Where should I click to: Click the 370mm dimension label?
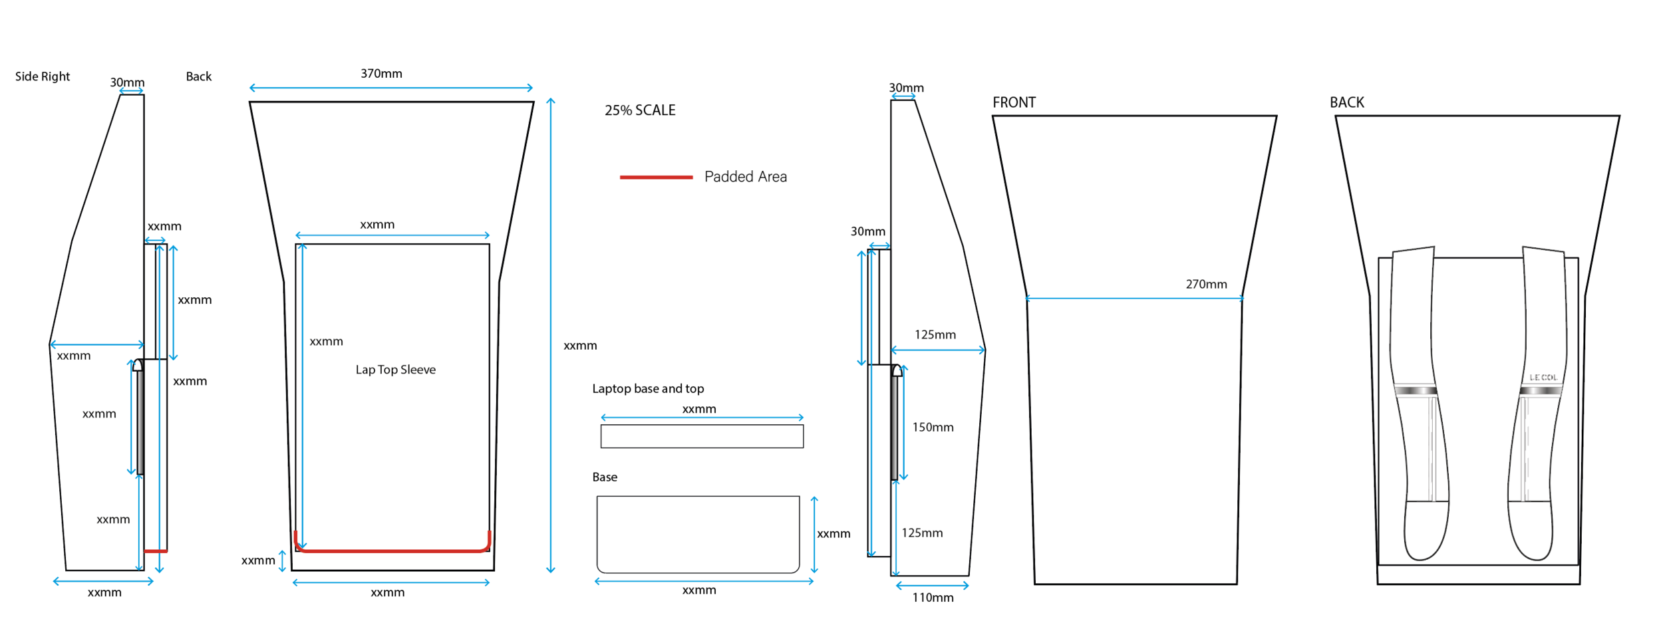381,74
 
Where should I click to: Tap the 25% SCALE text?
639,110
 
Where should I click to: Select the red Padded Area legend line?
656,177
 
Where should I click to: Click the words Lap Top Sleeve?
395,370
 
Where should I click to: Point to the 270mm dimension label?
1206,285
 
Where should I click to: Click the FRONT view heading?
1014,102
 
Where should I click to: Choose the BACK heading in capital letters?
1346,102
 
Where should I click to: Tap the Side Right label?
43,76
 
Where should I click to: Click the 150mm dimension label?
933,428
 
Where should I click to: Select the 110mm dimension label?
933,598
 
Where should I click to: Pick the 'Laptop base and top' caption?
648,389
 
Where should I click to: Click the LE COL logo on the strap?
1543,378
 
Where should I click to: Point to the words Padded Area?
745,177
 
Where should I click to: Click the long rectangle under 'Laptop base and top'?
702,436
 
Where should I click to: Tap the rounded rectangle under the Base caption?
698,534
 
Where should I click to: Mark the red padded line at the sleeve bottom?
392,551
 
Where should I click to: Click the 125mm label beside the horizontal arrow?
935,335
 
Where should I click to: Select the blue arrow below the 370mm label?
391,88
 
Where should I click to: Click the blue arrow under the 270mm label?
1134,299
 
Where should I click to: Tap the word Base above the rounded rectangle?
605,477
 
